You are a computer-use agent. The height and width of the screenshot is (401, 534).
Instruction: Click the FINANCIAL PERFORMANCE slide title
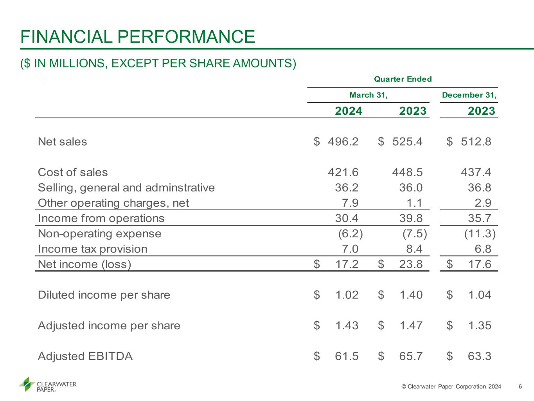[x=138, y=37]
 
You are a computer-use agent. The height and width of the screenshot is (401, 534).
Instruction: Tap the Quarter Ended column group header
[x=403, y=79]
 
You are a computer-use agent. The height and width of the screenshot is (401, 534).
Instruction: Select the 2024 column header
[x=349, y=111]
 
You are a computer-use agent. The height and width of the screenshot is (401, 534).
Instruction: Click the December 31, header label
[x=469, y=95]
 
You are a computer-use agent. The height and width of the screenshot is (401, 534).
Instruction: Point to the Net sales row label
[x=63, y=141]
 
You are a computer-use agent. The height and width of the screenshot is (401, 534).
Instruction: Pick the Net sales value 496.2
[x=343, y=141]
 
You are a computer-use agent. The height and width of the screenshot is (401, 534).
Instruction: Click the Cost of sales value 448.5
[x=407, y=172]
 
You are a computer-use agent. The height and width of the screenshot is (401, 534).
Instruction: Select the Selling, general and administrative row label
[x=126, y=188]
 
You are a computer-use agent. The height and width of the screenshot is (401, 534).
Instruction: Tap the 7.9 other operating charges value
[x=350, y=203]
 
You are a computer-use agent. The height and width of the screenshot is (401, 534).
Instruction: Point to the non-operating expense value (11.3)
[x=480, y=233]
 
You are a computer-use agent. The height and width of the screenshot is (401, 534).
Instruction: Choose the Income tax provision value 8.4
[x=414, y=249]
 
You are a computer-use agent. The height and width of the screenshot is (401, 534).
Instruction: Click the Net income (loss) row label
[x=85, y=264]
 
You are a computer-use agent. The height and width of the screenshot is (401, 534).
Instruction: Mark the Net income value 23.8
[x=411, y=264]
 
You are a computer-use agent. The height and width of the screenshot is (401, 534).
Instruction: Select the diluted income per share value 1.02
[x=347, y=295]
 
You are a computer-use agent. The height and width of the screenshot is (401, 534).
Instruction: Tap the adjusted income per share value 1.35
[x=480, y=325]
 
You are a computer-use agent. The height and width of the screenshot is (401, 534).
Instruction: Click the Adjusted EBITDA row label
[x=85, y=356]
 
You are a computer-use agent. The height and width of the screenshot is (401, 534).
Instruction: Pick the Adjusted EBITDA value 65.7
[x=411, y=356]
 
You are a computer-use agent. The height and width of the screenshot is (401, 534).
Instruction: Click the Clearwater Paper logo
[x=48, y=385]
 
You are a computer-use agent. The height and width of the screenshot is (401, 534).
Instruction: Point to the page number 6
[x=520, y=387]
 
